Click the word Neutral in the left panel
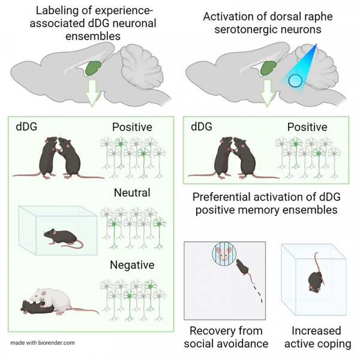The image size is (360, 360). pos(133,194)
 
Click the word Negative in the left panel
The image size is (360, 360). pos(133,265)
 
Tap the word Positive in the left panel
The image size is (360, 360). pos(132,127)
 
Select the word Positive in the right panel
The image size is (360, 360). pos(307,127)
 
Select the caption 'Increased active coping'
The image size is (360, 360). pos(316,338)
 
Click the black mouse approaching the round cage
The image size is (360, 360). pos(244,269)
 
